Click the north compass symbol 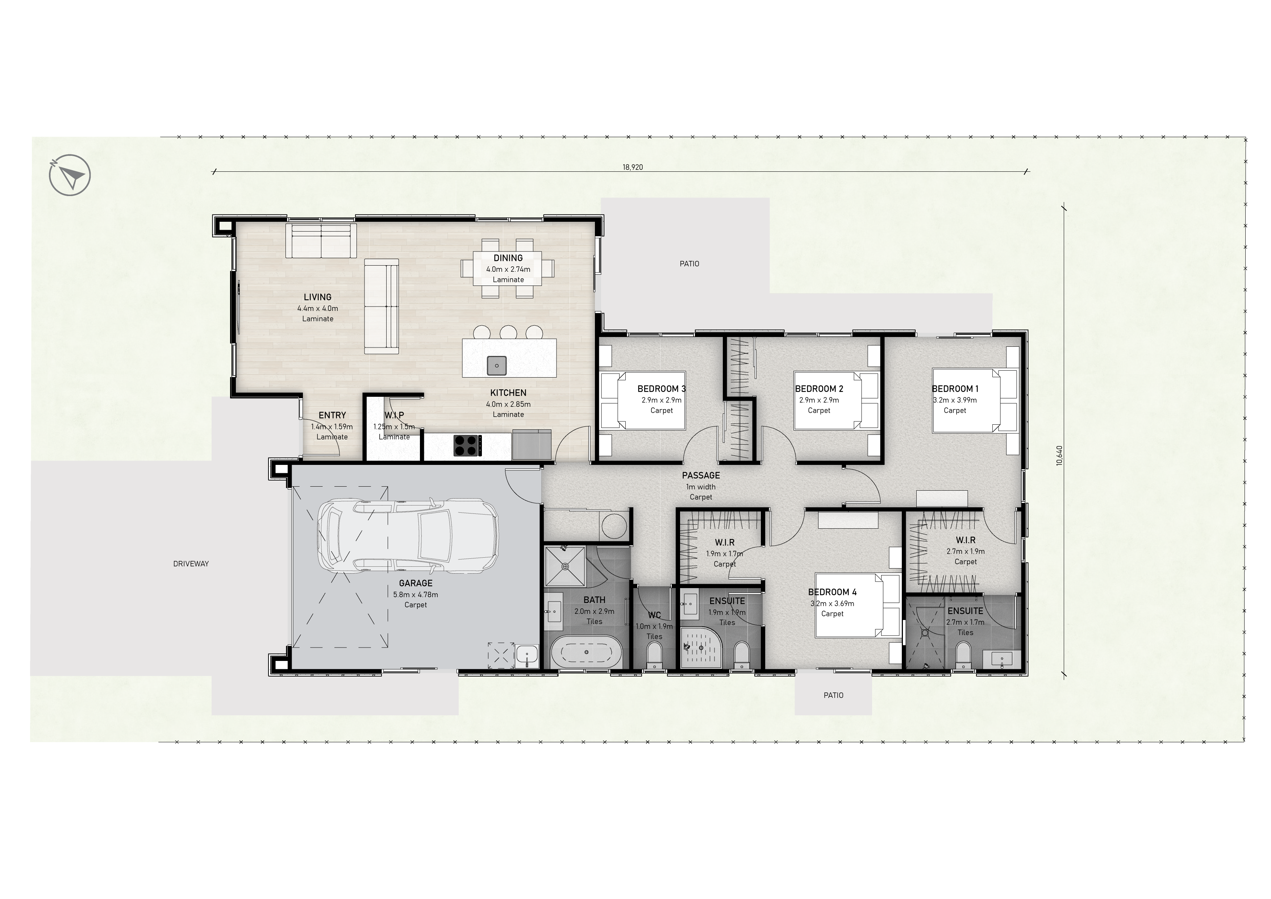[70, 175]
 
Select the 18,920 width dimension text [633, 167]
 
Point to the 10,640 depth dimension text [1059, 455]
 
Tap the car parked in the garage [408, 536]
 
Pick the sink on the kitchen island [497, 365]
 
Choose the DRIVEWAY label [191, 563]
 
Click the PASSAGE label [701, 475]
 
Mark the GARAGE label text [416, 583]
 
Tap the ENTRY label [332, 415]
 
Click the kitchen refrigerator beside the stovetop [532, 445]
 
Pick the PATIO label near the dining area [689, 263]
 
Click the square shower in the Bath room [564, 566]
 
